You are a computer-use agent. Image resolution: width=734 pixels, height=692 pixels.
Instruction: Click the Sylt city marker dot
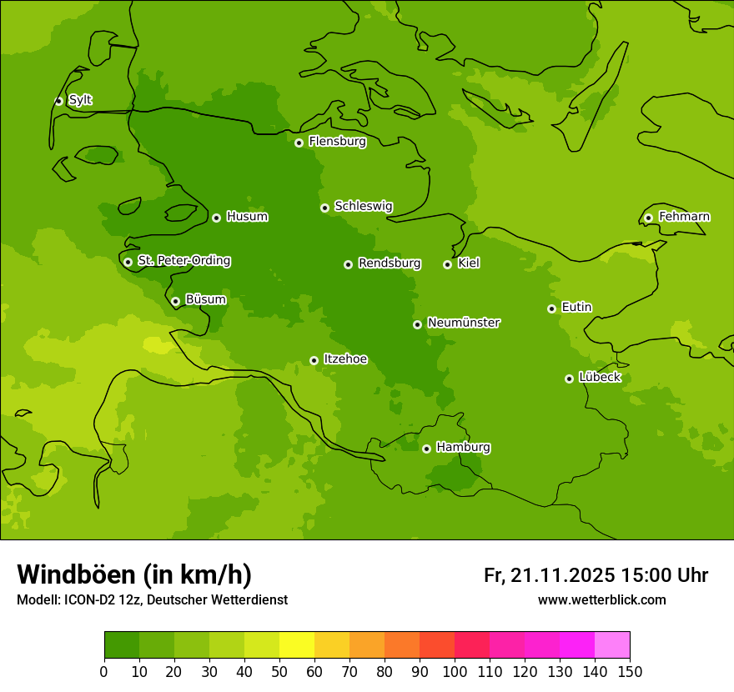[58, 101]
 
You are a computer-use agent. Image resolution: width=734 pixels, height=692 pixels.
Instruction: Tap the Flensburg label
[337, 142]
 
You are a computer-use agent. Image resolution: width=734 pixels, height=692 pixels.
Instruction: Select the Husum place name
[247, 217]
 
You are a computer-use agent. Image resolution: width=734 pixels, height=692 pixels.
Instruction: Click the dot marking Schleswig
[324, 208]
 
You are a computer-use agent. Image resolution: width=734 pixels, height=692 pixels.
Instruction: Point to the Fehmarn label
[684, 217]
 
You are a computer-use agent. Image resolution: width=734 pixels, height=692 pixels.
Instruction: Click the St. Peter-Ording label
[183, 261]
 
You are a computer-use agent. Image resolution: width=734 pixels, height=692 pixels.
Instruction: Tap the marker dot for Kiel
[447, 264]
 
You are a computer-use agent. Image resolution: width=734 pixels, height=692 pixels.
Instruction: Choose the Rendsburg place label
[389, 263]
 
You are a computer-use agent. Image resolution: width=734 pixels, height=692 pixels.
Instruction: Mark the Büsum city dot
[175, 301]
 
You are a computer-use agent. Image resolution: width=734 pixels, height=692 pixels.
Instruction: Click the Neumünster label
[463, 323]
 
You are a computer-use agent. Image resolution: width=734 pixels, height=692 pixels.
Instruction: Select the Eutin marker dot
[551, 308]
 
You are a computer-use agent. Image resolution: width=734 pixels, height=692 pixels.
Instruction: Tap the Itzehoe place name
[344, 359]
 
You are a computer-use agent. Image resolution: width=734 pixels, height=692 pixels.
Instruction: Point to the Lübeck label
[599, 378]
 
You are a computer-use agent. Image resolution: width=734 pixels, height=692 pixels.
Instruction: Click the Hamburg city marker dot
[426, 449]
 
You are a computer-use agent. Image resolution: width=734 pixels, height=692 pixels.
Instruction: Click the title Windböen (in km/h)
[133, 574]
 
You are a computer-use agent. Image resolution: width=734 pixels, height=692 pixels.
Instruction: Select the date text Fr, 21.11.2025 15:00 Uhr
[596, 575]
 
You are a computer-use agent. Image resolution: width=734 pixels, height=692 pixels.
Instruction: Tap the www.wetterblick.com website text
[601, 600]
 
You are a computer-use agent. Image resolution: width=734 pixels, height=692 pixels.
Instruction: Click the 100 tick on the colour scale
[455, 671]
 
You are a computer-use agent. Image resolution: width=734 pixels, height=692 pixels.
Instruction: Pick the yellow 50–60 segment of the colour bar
[297, 645]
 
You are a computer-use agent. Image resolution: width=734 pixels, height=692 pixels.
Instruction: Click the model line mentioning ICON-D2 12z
[152, 600]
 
